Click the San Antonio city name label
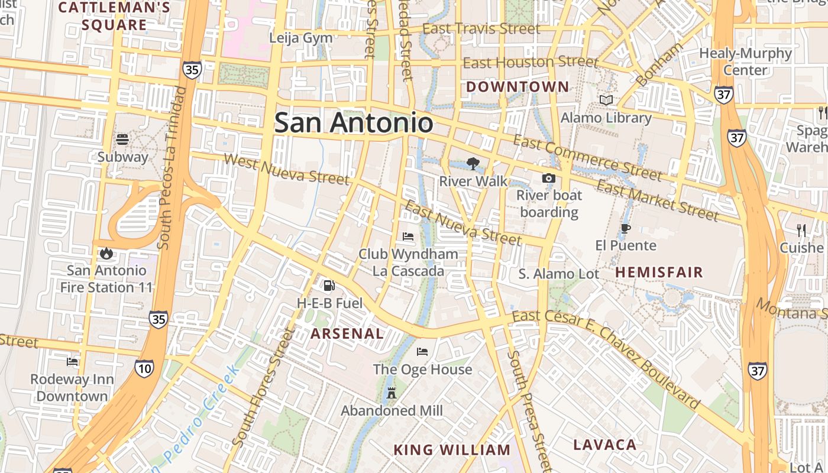[x=354, y=123]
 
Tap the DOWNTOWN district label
[x=517, y=87]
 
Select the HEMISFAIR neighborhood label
[x=659, y=273]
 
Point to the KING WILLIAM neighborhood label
[x=452, y=450]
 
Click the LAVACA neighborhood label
[x=605, y=445]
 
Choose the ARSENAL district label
[x=347, y=333]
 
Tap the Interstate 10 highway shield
[x=144, y=369]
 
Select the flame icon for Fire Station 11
[x=106, y=254]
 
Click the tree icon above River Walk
[x=473, y=164]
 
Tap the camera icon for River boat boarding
[x=549, y=178]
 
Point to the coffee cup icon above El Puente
[x=626, y=229]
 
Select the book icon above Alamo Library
[x=606, y=101]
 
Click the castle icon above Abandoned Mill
[x=391, y=393]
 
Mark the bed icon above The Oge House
[x=422, y=352]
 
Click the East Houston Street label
[x=531, y=61]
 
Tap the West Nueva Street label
[x=287, y=169]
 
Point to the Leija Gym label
[x=300, y=38]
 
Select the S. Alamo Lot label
[x=559, y=274]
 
